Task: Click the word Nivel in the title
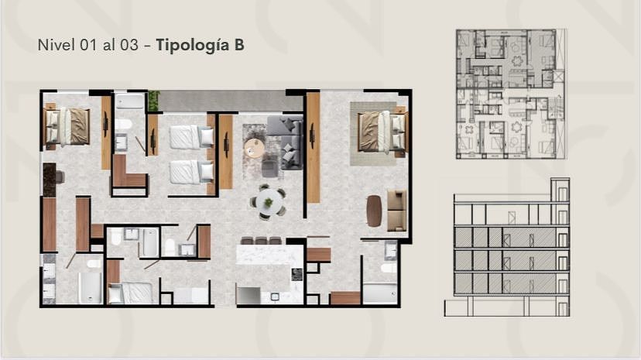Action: point(57,45)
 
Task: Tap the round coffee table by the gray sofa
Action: point(254,148)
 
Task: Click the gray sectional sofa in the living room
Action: point(286,142)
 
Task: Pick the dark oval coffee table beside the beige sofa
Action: point(374,211)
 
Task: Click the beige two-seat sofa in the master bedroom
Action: point(396,211)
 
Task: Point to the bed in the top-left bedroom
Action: point(67,127)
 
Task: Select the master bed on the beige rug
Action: point(381,132)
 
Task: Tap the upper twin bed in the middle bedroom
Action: point(191,137)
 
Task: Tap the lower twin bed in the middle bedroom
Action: point(191,172)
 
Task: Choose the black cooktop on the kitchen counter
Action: point(297,275)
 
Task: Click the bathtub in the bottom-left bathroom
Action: point(90,288)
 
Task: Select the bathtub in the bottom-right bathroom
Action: point(380,293)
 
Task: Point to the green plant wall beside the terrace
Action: point(153,101)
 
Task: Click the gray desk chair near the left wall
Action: point(60,177)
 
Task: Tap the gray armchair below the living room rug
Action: point(269,168)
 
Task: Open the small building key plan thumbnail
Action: point(512,94)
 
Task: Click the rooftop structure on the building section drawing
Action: point(560,190)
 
